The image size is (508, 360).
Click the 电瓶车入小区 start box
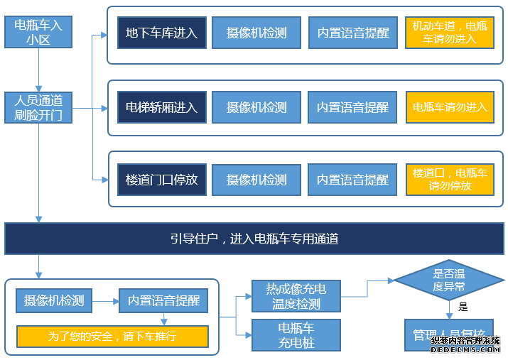click(38, 32)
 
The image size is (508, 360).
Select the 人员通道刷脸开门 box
click(38, 107)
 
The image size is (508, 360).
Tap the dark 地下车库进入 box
click(161, 33)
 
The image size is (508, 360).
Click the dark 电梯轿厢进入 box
click(161, 107)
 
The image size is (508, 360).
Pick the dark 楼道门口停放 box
click(161, 180)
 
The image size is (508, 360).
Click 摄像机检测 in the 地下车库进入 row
click(256, 33)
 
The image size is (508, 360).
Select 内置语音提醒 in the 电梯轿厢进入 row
click(352, 107)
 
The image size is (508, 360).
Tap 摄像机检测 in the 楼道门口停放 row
click(256, 180)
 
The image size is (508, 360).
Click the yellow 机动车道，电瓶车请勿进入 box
click(449, 33)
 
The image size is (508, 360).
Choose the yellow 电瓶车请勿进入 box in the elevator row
click(449, 107)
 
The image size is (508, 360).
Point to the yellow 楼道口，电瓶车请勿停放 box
click(449, 180)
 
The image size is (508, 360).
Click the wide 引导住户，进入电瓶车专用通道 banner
click(254, 239)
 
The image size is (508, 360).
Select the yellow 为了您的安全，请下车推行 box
click(112, 336)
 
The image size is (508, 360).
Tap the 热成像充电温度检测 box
click(296, 296)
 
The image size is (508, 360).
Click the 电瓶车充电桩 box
click(296, 335)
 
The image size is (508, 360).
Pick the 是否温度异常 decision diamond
click(449, 280)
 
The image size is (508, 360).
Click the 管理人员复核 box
click(449, 334)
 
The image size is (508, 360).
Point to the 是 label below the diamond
click(463, 307)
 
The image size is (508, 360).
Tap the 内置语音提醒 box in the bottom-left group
click(163, 300)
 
